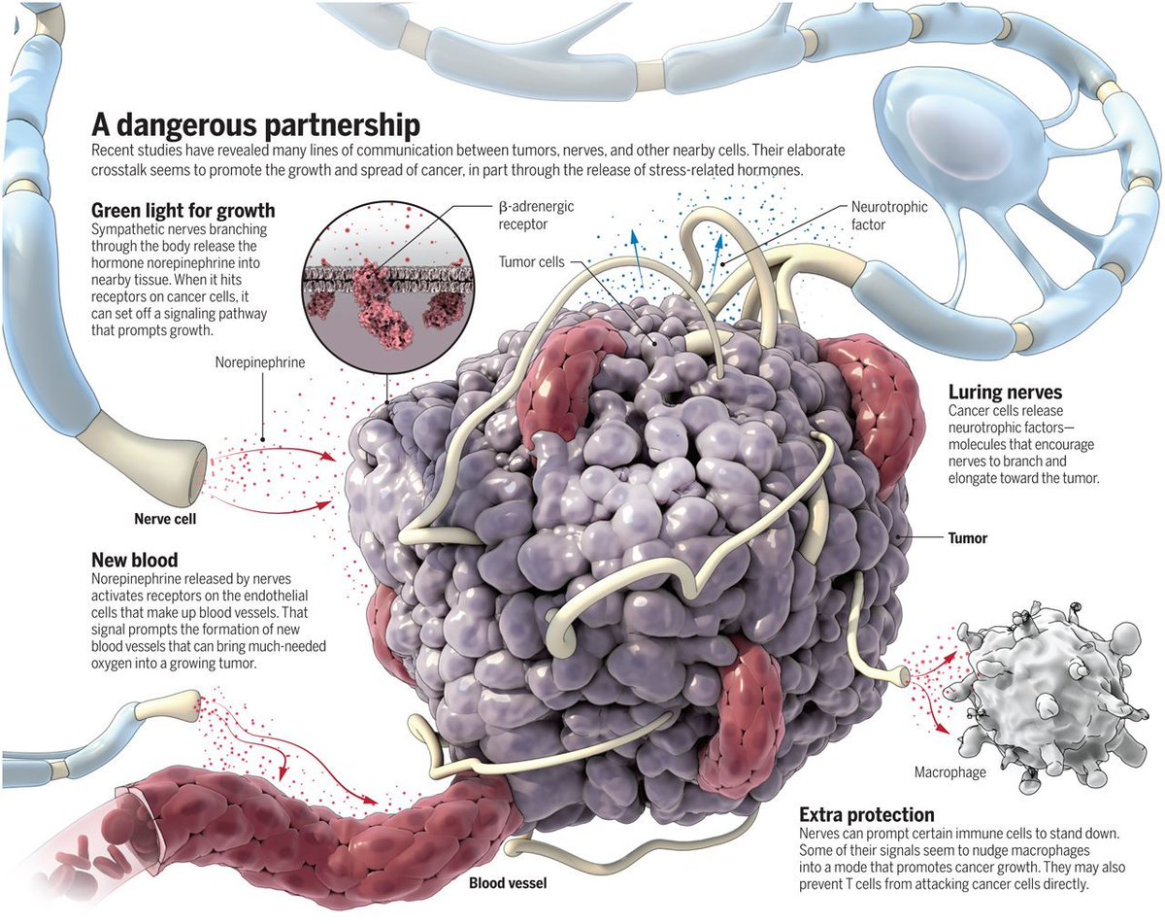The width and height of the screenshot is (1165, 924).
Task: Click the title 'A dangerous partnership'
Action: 255,125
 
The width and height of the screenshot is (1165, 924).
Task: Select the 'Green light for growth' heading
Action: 183,210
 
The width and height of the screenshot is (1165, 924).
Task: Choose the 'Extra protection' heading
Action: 867,814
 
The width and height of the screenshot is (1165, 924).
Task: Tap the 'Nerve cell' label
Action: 165,519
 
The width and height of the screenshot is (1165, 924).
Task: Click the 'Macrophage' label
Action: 949,773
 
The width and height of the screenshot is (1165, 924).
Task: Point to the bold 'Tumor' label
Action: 967,537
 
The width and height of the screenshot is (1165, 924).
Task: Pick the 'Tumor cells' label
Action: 530,261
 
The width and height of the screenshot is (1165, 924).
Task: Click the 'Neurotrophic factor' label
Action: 889,216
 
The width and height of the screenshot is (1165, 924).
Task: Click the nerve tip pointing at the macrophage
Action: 901,672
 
